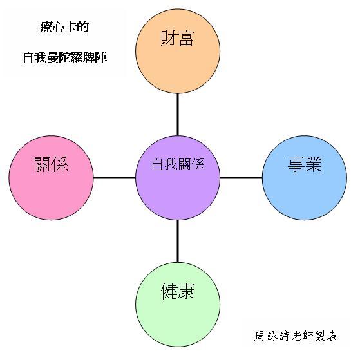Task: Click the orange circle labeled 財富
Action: tap(178, 51)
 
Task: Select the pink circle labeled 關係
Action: tap(51, 178)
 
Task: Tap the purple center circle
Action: tap(178, 178)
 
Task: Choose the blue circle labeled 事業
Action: tap(305, 178)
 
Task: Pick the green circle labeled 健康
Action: tap(178, 305)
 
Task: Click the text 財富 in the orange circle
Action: tap(177, 38)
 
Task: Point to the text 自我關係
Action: tap(178, 164)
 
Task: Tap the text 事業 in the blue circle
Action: tap(305, 164)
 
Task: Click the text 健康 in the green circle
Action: tap(178, 291)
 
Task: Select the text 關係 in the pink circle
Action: tap(51, 164)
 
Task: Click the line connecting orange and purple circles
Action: tap(178, 115)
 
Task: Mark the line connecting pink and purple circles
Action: tap(115, 178)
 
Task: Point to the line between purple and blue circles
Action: tap(241, 178)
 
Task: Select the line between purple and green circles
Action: tap(178, 242)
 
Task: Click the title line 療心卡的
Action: tap(64, 26)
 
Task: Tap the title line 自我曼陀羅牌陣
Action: tap(65, 58)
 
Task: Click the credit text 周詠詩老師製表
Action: tap(296, 336)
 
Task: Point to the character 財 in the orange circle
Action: tap(168, 38)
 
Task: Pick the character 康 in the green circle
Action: tap(186, 291)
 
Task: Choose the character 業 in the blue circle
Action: tap(314, 164)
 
